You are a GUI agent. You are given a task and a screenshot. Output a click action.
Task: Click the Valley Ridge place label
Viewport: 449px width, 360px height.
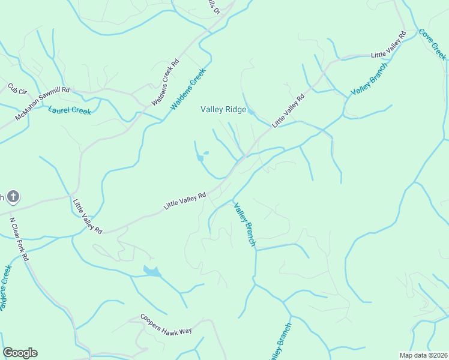point(223,110)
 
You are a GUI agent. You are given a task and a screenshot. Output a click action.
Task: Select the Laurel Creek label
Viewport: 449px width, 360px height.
point(70,110)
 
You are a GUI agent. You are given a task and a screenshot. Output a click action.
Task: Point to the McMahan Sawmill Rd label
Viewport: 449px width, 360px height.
point(43,103)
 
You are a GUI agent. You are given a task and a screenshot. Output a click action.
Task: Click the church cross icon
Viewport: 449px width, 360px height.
point(13,196)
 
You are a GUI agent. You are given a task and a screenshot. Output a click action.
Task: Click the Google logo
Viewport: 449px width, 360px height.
point(20,353)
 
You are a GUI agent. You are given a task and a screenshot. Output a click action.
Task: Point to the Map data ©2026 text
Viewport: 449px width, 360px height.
point(424,355)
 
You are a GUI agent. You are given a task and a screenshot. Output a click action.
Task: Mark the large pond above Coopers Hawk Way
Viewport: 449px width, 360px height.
point(152,272)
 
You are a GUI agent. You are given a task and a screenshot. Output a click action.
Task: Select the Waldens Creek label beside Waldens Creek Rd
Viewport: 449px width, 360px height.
point(188,89)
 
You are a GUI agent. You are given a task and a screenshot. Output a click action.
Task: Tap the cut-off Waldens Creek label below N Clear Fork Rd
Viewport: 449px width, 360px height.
point(5,288)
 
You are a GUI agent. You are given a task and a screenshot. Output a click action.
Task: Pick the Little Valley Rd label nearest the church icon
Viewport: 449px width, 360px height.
point(88,216)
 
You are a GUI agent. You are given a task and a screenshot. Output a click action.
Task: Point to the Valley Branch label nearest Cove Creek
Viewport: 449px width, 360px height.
point(369,78)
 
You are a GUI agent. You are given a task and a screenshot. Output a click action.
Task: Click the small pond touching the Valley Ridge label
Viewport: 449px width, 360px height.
point(252,112)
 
